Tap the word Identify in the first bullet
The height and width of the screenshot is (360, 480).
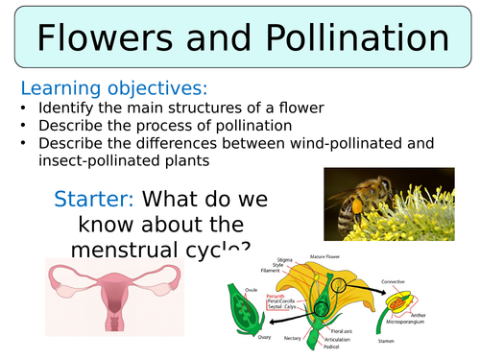click(x=68, y=108)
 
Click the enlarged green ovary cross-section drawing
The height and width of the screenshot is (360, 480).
click(x=241, y=317)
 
